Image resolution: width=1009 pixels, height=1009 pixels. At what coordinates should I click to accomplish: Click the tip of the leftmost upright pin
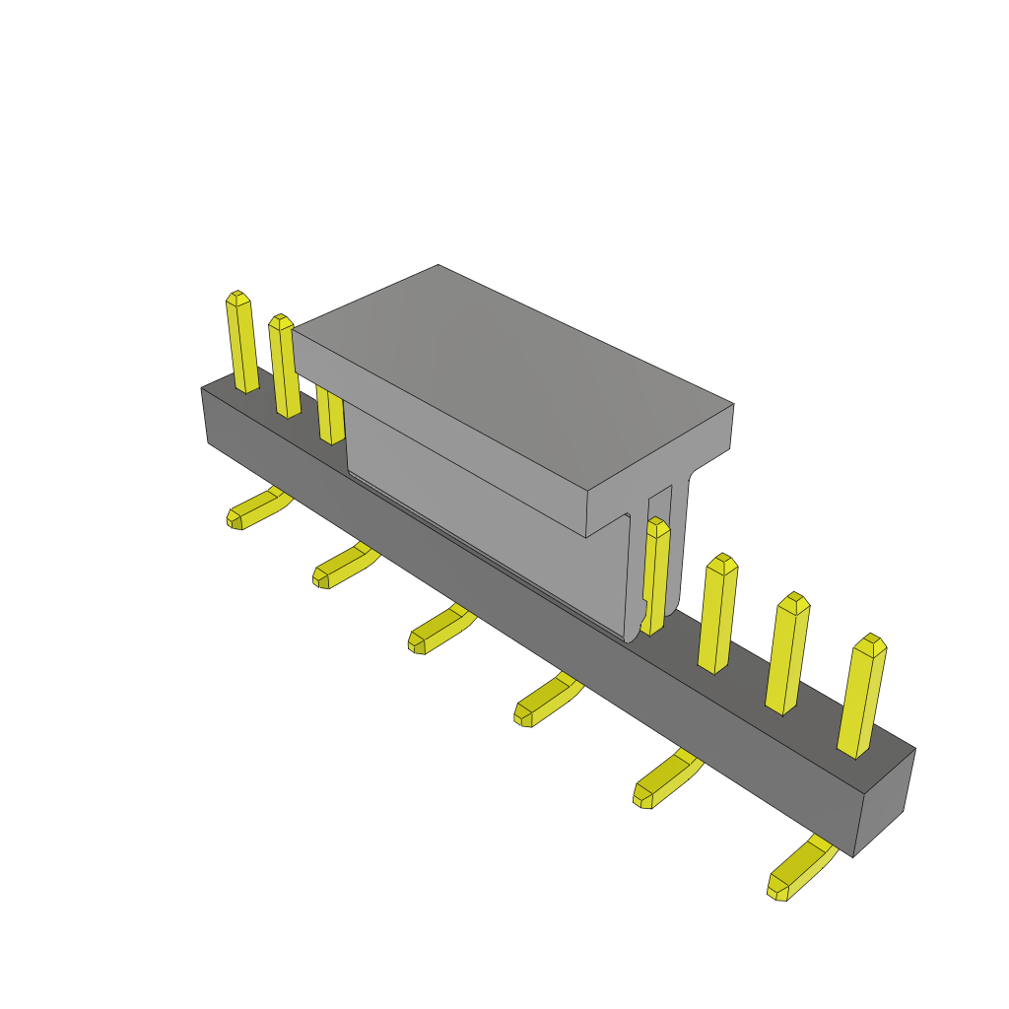[236, 298]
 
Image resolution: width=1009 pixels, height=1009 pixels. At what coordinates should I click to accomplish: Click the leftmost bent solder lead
[254, 509]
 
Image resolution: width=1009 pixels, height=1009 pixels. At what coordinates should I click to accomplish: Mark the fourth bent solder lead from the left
[545, 701]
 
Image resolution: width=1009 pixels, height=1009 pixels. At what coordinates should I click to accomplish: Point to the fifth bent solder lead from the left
[663, 779]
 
